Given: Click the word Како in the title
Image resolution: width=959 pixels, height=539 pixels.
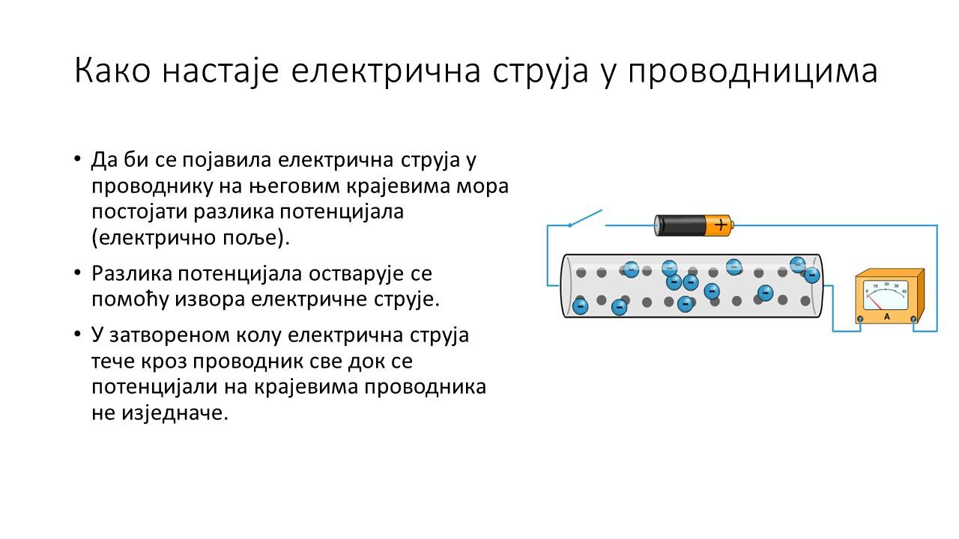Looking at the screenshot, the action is pyautogui.click(x=112, y=70).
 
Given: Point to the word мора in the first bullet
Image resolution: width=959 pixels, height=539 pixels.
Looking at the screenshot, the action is pyautogui.click(x=482, y=186).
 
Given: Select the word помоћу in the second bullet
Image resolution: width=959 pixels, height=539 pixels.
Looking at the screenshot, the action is pyautogui.click(x=130, y=299).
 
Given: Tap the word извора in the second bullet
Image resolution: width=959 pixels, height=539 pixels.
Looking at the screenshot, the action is pyautogui.click(x=210, y=299).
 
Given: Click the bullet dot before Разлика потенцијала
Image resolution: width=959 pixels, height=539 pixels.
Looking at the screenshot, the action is pyautogui.click(x=77, y=272).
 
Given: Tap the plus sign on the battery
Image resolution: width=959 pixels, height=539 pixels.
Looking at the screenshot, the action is pyautogui.click(x=721, y=225).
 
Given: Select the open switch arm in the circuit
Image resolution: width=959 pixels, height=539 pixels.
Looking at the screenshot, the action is pyautogui.click(x=585, y=218).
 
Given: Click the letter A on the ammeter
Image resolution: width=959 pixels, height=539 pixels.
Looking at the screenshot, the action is pyautogui.click(x=886, y=317).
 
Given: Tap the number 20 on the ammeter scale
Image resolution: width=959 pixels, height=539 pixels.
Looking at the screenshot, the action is pyautogui.click(x=886, y=284).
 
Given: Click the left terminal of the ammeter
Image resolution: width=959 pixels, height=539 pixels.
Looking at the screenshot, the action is pyautogui.click(x=861, y=319).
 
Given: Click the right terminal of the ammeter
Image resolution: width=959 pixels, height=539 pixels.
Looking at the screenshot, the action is pyautogui.click(x=913, y=319).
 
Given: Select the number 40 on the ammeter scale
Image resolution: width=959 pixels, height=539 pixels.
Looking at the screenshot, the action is pyautogui.click(x=904, y=292).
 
